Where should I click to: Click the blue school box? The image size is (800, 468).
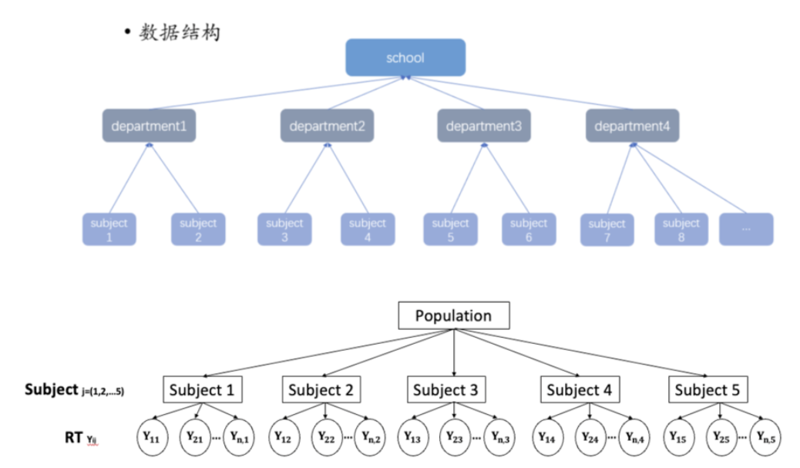(x=405, y=58)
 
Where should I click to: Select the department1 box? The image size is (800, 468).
(x=149, y=125)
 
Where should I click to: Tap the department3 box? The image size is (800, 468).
(x=483, y=125)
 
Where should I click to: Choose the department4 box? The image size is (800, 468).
(x=632, y=125)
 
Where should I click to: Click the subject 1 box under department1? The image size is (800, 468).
(x=109, y=230)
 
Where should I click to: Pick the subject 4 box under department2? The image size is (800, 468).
(x=368, y=230)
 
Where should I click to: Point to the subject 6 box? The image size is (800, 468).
(x=529, y=230)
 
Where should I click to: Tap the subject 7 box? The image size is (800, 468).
(x=607, y=231)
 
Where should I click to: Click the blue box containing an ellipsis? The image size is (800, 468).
(x=746, y=230)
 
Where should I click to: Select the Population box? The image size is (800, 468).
(x=454, y=316)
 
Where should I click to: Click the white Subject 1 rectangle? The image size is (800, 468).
(x=202, y=389)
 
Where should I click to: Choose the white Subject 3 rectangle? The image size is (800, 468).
(x=445, y=389)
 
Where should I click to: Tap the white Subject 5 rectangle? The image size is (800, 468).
(x=707, y=389)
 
